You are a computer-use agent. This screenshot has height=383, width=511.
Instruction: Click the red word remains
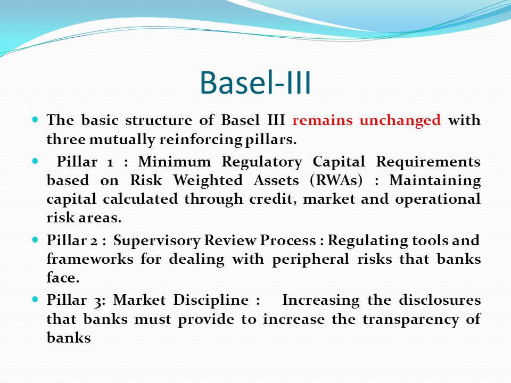click(323, 120)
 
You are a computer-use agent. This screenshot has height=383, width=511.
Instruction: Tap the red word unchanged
click(400, 121)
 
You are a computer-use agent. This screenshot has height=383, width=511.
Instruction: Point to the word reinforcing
click(201, 140)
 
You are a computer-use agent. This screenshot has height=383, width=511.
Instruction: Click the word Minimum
click(175, 162)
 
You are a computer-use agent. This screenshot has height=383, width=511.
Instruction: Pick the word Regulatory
click(262, 162)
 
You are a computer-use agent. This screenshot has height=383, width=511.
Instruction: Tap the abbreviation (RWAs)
click(336, 181)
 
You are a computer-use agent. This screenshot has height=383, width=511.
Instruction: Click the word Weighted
click(208, 181)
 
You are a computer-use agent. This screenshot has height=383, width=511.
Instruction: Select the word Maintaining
click(435, 181)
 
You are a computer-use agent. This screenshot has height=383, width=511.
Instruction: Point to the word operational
click(438, 199)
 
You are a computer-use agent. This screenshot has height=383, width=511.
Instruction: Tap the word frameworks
click(90, 259)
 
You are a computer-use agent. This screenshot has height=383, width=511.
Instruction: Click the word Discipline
click(211, 300)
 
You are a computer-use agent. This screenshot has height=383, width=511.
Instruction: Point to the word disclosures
click(440, 300)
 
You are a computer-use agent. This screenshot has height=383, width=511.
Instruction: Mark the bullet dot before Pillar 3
click(36, 299)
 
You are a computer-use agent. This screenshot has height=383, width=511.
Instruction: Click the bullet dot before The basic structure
click(36, 119)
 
